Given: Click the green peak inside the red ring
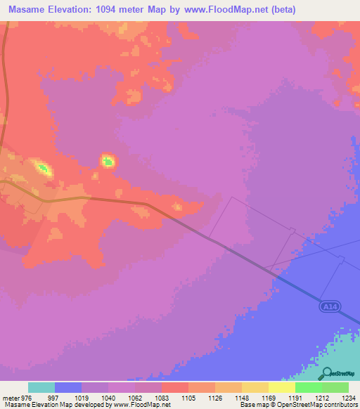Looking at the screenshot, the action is point(108,162).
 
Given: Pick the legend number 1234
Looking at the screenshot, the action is point(340,397).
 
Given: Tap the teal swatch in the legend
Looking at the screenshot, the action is point(41,387).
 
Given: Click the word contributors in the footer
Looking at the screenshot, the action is point(341,405).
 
